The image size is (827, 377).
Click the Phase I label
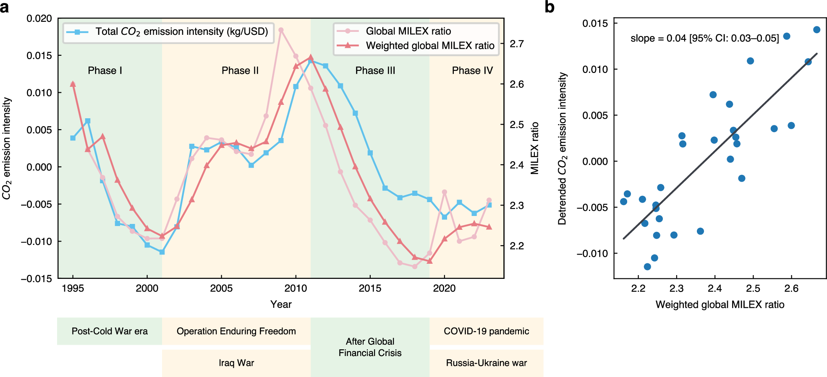[105, 70]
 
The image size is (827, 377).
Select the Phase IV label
[472, 70]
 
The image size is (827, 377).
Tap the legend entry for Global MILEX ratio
[408, 31]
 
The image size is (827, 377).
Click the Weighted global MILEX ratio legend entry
[430, 46]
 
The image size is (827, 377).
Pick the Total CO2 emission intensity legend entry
[181, 31]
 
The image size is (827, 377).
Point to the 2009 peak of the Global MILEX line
[281, 30]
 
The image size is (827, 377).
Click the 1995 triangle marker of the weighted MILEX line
[73, 84]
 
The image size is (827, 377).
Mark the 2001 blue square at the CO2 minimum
[162, 252]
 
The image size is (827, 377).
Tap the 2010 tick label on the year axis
[296, 289]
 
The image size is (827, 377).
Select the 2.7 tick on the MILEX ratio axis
[517, 44]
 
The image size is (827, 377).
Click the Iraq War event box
[236, 363]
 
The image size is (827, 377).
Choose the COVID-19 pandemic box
[486, 331]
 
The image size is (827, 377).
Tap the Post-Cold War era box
[110, 331]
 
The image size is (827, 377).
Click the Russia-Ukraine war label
[486, 363]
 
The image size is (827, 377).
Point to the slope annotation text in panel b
[704, 39]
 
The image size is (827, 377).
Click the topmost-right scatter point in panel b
[817, 30]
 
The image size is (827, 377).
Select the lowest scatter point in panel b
[647, 267]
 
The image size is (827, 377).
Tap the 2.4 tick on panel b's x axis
[714, 289]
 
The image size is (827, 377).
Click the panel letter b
[549, 8]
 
